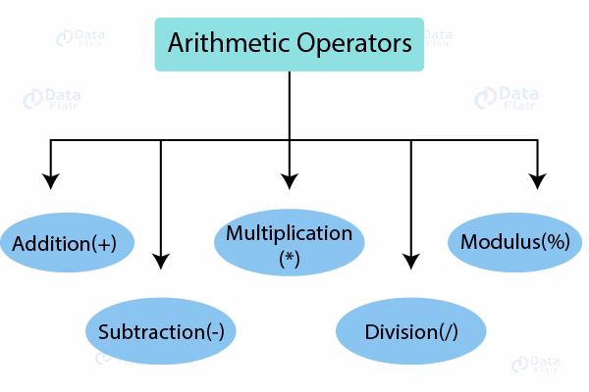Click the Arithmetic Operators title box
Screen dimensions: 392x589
coord(289,44)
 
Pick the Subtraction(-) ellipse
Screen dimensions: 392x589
coord(161,331)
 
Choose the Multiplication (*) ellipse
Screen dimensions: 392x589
coord(289,244)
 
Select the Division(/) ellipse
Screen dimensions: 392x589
coord(411,331)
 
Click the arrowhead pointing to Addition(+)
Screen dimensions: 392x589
coord(51,180)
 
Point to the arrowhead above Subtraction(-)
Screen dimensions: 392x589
coord(162,261)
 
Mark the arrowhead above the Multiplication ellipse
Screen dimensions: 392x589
coord(289,180)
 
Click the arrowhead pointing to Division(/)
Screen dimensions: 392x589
coord(412,261)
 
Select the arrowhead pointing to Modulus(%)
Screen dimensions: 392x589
coord(537,180)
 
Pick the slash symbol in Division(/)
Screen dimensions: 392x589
coord(447,331)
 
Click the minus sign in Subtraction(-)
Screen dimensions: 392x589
coord(214,331)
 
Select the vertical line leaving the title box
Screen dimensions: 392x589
coord(289,103)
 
